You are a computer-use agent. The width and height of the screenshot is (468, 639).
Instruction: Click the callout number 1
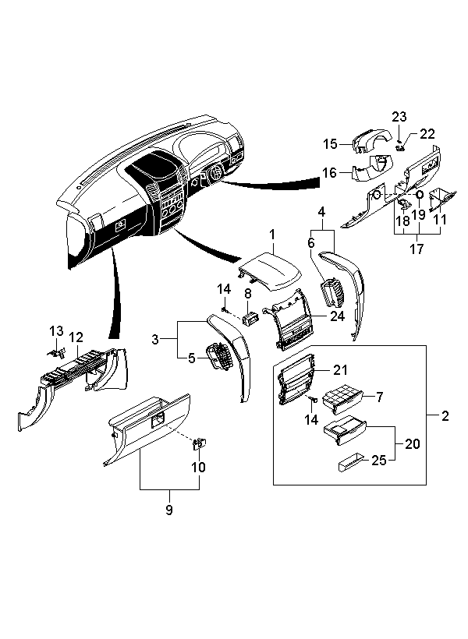coord(272,235)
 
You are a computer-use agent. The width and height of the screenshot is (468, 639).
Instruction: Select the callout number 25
coord(378,460)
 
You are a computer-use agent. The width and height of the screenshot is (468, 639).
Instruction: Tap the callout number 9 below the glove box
coord(169,510)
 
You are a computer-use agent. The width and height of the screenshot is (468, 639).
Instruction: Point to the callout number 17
coord(417,248)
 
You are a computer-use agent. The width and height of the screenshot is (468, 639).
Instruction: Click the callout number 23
coord(399,117)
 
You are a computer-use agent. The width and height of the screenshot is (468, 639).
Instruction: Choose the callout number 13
coord(57,330)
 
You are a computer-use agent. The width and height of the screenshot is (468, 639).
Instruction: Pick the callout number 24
coord(338,316)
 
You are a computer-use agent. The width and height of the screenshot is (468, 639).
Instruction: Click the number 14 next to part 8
coord(224,289)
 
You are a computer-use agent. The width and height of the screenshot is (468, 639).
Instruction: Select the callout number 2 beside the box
coord(445,415)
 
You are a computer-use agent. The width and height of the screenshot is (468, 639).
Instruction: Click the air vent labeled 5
coord(219,357)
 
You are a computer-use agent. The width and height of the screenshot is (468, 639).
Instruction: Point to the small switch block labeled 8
coord(250,318)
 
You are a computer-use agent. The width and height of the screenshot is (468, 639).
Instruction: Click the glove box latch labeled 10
coord(199,444)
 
